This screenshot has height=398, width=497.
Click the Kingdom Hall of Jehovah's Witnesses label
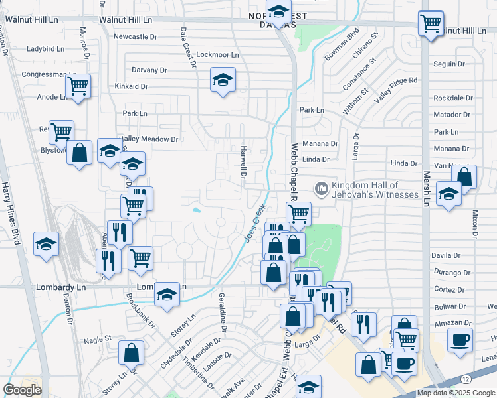(375, 190)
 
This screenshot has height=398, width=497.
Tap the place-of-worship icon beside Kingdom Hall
(322, 190)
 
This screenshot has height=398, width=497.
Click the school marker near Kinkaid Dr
(223, 81)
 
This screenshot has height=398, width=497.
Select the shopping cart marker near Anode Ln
(78, 86)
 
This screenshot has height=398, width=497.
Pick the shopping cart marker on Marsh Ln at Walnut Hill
(431, 24)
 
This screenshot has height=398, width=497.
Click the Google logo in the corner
(22, 390)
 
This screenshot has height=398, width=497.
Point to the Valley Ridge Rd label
(396, 89)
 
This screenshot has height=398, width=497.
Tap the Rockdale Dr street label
(452, 98)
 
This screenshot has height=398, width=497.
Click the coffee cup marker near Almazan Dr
(460, 341)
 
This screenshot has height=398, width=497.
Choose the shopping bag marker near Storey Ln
(132, 352)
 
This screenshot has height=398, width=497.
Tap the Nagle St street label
(98, 339)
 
